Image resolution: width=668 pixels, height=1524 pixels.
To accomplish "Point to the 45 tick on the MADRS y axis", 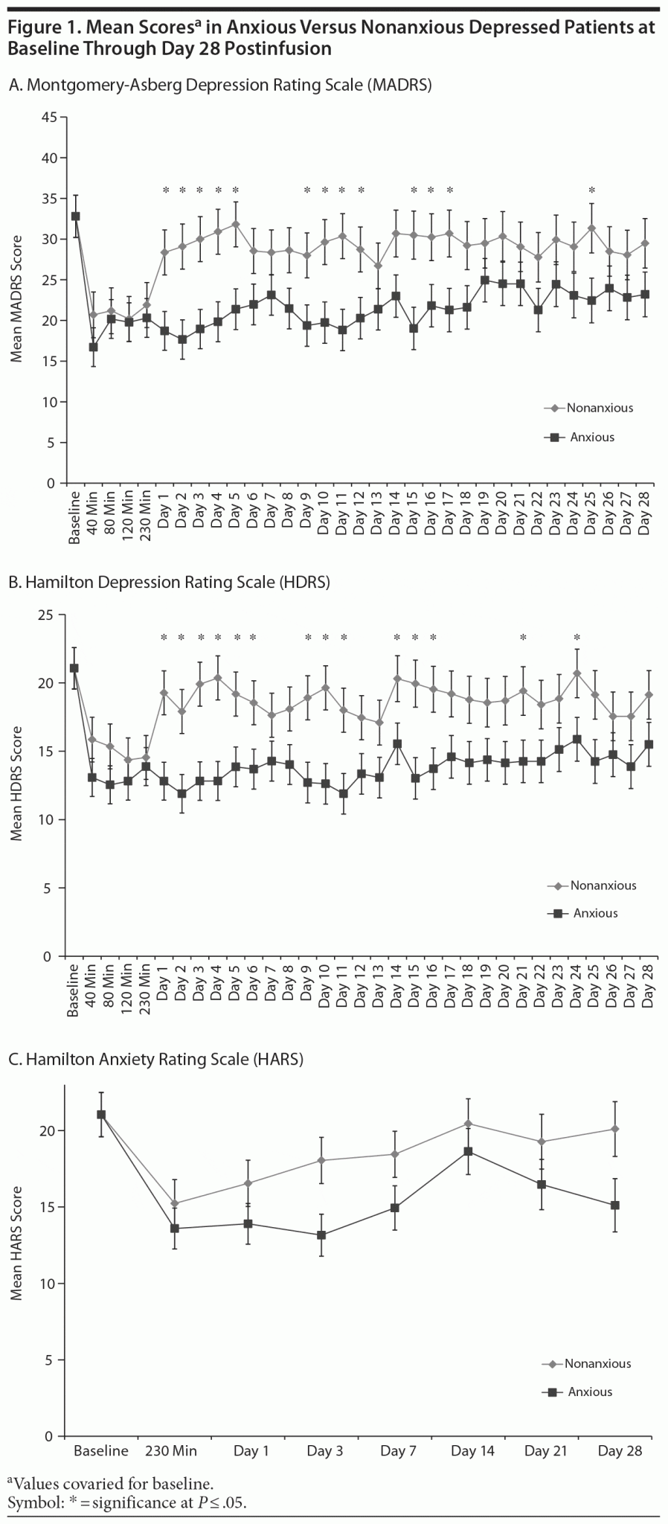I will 49,117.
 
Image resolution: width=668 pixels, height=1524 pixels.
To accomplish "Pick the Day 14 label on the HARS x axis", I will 472,1451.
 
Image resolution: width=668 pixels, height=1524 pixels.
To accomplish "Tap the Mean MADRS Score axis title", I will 16,299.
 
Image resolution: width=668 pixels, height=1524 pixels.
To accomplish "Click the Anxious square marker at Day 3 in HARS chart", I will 321,1235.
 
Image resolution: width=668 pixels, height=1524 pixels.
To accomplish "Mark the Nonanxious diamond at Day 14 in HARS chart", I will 468,1124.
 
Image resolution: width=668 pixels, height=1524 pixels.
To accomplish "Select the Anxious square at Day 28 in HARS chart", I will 615,1206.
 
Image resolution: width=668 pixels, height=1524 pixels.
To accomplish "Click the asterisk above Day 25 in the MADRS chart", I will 592,191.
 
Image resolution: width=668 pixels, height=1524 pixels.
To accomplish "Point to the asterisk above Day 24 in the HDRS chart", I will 577,638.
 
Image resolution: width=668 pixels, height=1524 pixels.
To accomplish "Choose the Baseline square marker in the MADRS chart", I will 75,217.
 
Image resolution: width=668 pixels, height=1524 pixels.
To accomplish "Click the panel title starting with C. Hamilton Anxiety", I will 155,1060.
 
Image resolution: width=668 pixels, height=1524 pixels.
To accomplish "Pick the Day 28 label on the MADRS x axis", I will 646,513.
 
